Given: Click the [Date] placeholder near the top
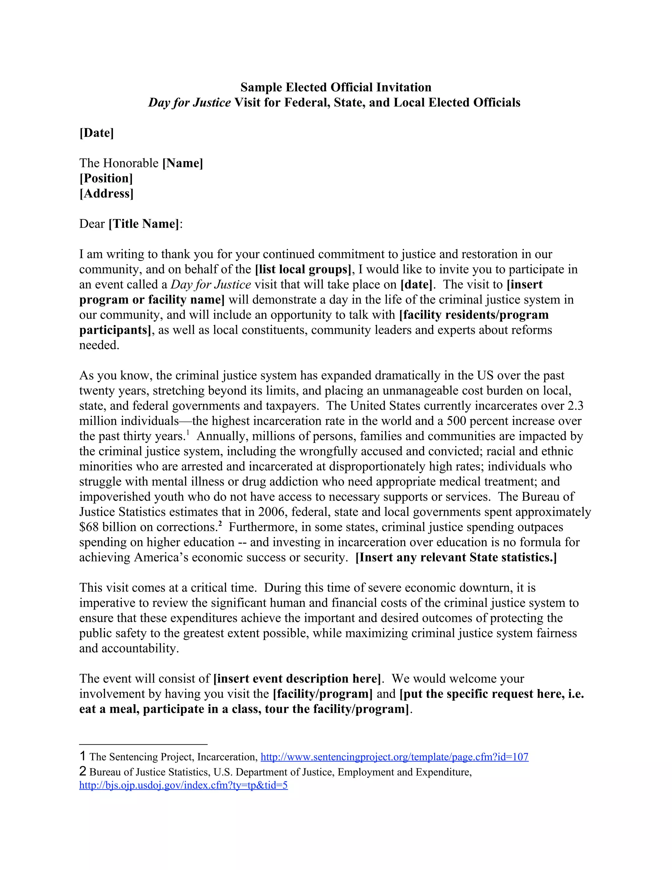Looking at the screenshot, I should (x=97, y=133).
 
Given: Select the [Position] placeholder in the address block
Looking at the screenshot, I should (x=106, y=178).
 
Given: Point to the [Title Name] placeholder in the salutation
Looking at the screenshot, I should (x=144, y=224).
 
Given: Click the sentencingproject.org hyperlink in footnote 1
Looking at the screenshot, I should (x=394, y=757).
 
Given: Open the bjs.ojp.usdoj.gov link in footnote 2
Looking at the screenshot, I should (x=183, y=785).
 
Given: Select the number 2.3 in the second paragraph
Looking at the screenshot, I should (x=575, y=406).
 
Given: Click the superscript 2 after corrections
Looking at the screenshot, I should (x=220, y=524).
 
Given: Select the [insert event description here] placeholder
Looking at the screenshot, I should (x=297, y=679).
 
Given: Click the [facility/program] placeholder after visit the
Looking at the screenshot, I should (x=323, y=694).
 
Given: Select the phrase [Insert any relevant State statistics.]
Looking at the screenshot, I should (x=456, y=557).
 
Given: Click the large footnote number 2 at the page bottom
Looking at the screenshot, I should (x=83, y=771).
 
